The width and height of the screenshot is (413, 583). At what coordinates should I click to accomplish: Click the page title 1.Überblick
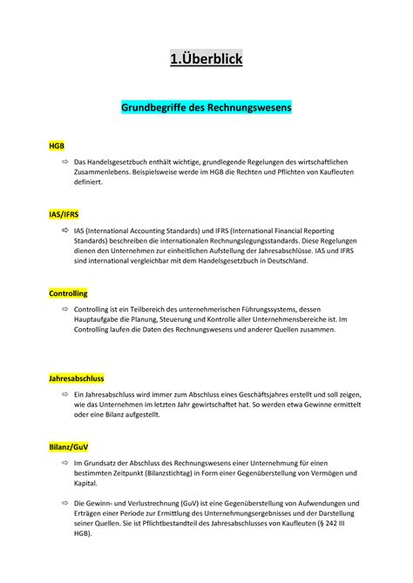pyautogui.click(x=206, y=59)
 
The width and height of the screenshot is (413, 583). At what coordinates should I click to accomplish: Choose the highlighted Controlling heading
pyautogui.click(x=69, y=294)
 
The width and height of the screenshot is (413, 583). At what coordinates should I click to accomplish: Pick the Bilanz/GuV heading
pyautogui.click(x=68, y=446)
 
